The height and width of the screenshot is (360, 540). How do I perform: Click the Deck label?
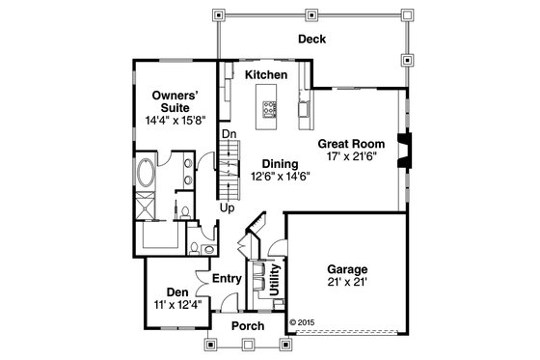[310, 40]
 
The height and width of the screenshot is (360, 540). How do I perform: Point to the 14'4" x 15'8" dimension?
[175, 122]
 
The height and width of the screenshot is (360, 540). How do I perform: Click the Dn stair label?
[229, 133]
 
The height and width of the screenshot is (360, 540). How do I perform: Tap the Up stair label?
[228, 208]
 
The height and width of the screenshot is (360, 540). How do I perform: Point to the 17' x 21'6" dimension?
[351, 157]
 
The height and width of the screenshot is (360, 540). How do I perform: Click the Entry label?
[227, 278]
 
